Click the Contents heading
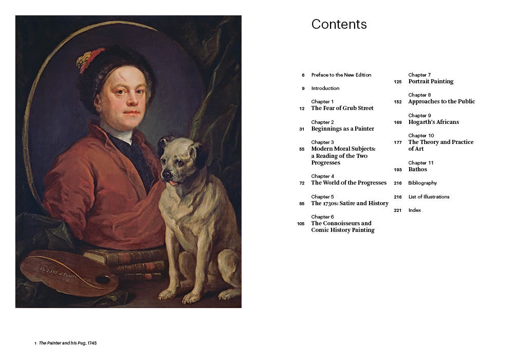pyautogui.click(x=339, y=24)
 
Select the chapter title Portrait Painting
pyautogui.click(x=431, y=81)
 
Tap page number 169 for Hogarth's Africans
pyautogui.click(x=398, y=122)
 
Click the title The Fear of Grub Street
pyautogui.click(x=342, y=109)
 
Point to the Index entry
pyautogui.click(x=414, y=210)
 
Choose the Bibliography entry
pyautogui.click(x=423, y=183)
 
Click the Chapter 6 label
pyautogui.click(x=322, y=217)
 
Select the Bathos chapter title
pyautogui.click(x=417, y=169)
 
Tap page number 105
pyautogui.click(x=301, y=224)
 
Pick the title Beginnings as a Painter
pyautogui.click(x=342, y=129)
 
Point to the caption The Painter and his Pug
pyautogui.click(x=67, y=343)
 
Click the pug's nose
pyautogui.click(x=167, y=174)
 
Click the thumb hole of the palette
pyautogui.click(x=102, y=280)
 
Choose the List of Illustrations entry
pyautogui.click(x=429, y=197)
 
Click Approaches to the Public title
pyautogui.click(x=442, y=102)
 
